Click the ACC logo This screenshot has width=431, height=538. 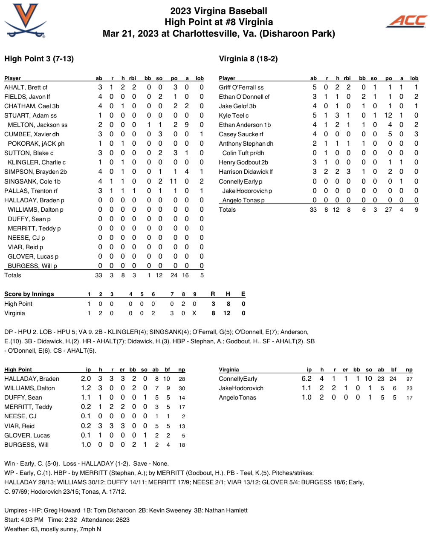(407, 21)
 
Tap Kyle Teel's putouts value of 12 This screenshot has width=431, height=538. (388, 115)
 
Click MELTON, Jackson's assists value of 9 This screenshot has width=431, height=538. (187, 125)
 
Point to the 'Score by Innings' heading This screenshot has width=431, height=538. (29, 294)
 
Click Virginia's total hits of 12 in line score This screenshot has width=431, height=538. (227, 313)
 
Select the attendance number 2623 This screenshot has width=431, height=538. (122, 520)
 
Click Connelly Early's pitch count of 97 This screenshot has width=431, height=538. (409, 379)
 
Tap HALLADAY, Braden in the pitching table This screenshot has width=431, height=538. (32, 379)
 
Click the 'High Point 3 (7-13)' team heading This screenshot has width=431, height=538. (39, 59)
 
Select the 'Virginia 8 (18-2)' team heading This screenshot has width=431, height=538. (248, 59)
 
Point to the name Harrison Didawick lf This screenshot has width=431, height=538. (246, 172)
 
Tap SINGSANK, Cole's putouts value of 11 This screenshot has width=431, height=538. (173, 181)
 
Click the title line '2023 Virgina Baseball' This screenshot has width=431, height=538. (219, 11)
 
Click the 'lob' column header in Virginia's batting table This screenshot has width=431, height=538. (414, 78)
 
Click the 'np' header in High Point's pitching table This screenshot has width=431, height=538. (182, 370)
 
